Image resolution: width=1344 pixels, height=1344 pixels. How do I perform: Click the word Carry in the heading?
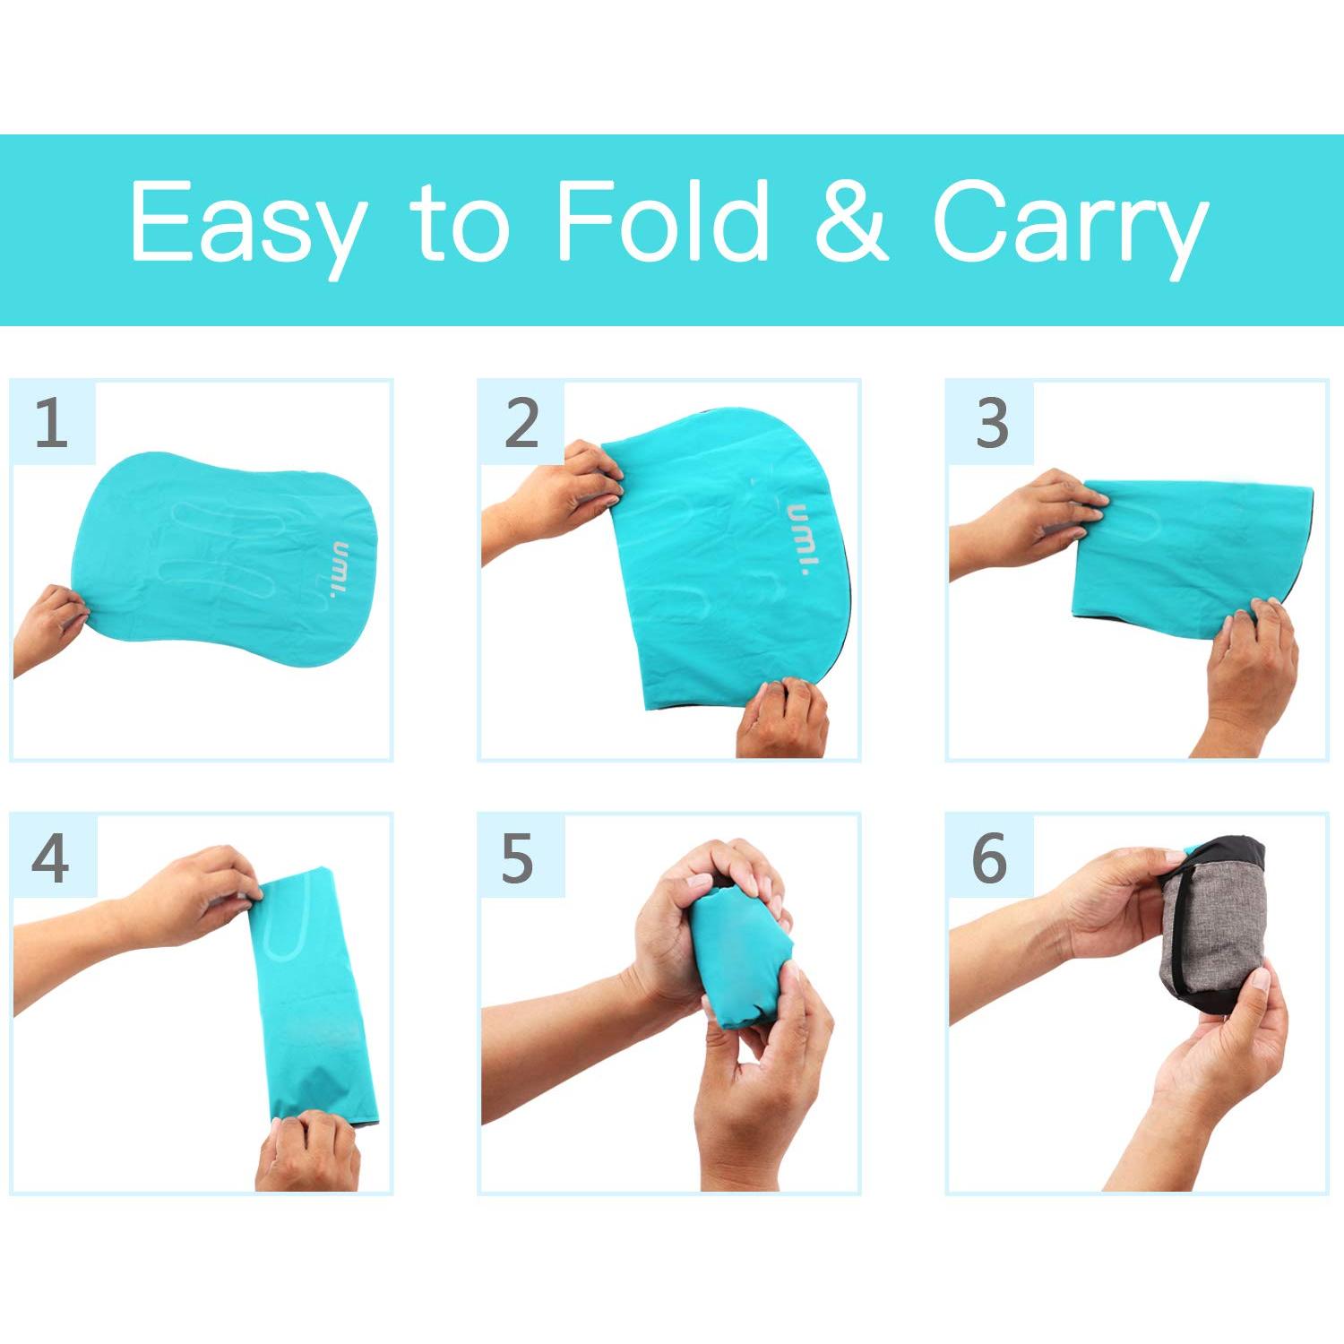[x=1070, y=224]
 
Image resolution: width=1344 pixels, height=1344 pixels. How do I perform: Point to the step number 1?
[x=51, y=423]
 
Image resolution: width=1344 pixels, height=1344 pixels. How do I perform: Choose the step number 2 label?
[x=521, y=423]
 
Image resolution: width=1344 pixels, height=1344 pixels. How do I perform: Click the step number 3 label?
[x=991, y=423]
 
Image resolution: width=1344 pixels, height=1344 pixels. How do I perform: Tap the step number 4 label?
[x=51, y=857]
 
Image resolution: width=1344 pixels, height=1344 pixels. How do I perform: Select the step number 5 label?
[x=518, y=857]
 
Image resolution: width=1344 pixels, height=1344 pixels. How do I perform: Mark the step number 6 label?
[x=989, y=857]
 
